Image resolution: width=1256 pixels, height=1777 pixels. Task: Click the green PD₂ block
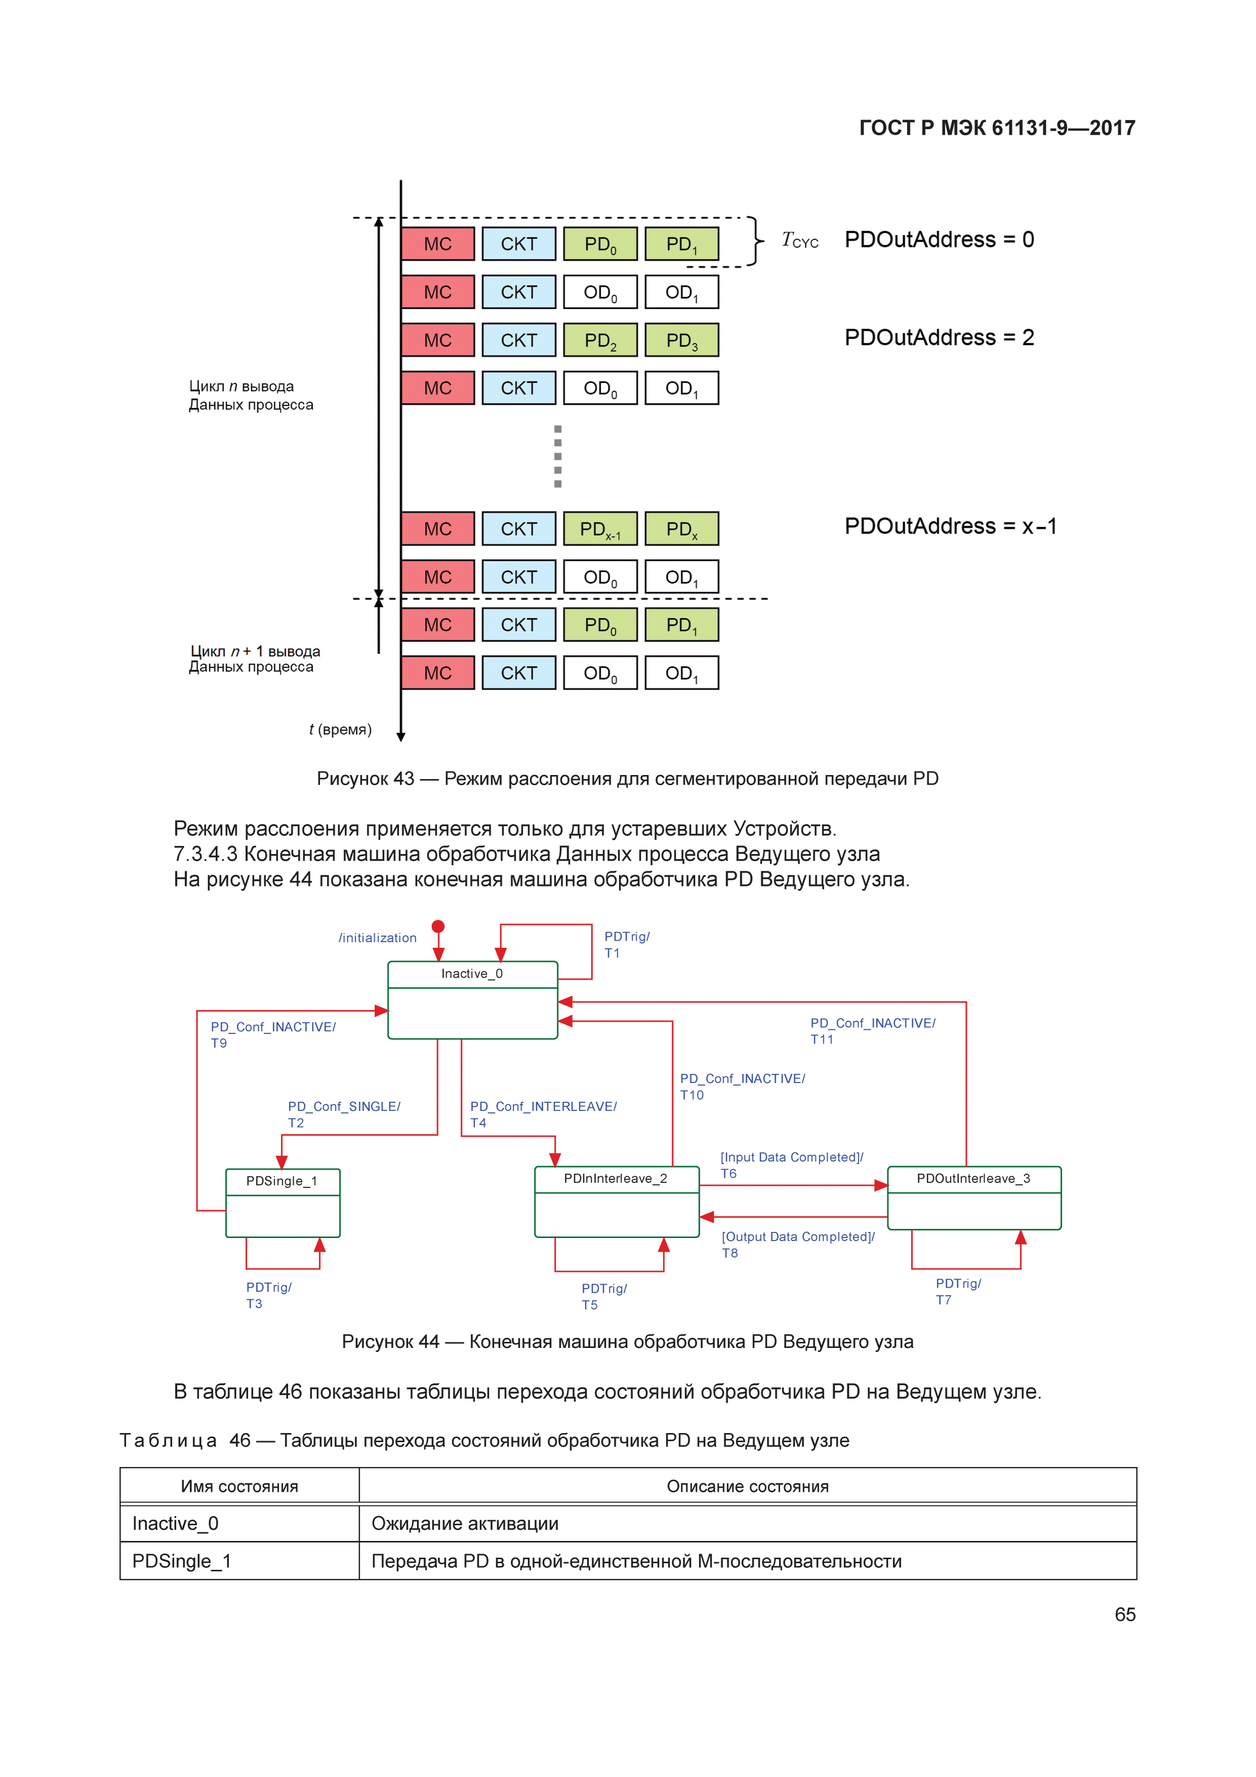600,340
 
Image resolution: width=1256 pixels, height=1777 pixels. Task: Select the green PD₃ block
681,340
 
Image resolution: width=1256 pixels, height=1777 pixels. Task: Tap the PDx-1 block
600,529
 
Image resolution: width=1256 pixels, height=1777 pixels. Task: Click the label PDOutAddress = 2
939,337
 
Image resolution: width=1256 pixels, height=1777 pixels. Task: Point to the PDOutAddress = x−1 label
950,526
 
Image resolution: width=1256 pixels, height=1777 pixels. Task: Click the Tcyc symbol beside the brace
799,241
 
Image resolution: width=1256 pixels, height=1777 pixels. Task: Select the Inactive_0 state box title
472,974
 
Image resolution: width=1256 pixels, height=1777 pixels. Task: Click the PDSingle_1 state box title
282,1181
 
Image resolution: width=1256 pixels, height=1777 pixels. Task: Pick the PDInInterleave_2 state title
615,1179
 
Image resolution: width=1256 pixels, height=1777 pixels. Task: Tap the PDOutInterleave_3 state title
973,1179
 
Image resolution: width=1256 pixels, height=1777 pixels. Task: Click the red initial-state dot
438,926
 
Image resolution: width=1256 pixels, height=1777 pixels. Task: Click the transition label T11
822,1039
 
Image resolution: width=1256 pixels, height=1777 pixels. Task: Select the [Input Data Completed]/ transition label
792,1157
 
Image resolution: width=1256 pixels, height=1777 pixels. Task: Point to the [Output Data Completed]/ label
798,1237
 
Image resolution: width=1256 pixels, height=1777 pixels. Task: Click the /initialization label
378,938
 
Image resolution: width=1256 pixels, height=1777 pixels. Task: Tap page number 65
1124,1614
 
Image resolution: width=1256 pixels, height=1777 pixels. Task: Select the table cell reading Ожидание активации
465,1523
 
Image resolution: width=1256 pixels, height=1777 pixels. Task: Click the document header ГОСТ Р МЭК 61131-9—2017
997,128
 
